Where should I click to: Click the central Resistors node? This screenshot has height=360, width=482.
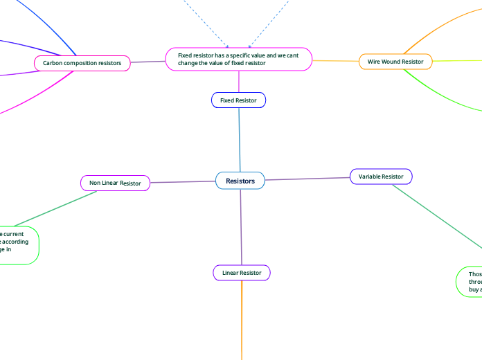tap(240, 181)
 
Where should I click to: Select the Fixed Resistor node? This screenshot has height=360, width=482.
tap(238, 100)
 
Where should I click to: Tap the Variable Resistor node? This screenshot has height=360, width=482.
tap(381, 177)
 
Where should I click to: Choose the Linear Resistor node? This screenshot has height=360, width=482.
tap(242, 273)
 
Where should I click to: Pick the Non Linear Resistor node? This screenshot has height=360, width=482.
tap(115, 183)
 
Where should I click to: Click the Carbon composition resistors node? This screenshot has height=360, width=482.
tap(82, 63)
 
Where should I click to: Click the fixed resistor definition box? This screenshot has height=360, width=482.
tap(239, 59)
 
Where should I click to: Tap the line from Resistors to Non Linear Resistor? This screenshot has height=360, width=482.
tap(183, 182)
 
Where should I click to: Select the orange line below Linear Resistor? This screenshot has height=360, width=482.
tap(242, 318)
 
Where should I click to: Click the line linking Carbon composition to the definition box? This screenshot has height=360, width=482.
tap(148, 62)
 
